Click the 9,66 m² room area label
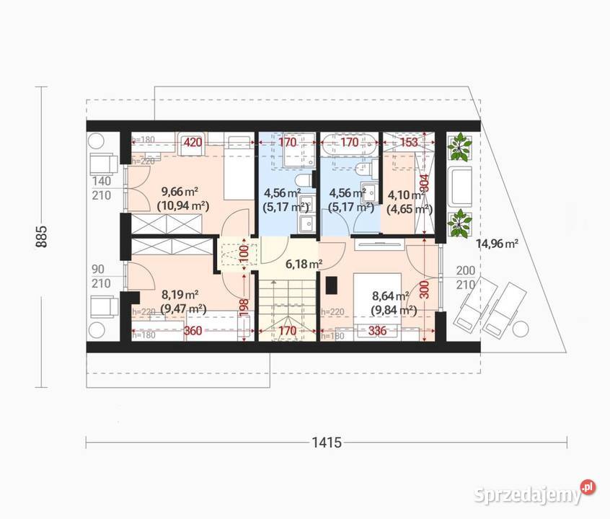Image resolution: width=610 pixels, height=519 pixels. point(180,191)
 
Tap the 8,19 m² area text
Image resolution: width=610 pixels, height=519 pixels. point(180,294)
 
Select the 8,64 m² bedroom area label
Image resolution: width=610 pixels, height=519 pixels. point(390,296)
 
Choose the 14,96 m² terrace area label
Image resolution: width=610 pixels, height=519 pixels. point(498,244)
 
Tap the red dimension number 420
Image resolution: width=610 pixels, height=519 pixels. point(192,143)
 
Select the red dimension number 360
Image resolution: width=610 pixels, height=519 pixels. point(193,332)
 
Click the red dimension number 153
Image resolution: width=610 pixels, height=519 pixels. point(408,143)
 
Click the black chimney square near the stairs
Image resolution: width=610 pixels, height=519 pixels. point(332,286)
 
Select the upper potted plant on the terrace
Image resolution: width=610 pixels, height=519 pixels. point(459,147)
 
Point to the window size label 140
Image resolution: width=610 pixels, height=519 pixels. point(101,181)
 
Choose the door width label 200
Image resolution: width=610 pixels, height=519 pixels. point(464,270)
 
